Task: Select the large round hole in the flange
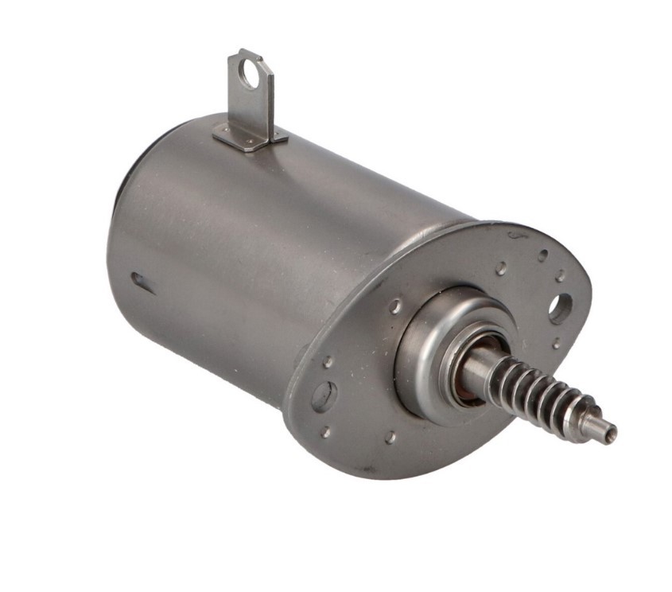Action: [x=560, y=307]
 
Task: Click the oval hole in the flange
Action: [x=323, y=395]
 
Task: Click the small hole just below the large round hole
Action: [x=555, y=344]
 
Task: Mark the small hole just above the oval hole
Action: [x=327, y=362]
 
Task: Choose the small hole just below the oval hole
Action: [x=325, y=431]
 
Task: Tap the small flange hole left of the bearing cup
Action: [x=394, y=306]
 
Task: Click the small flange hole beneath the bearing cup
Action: [x=390, y=437]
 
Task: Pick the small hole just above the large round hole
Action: [x=561, y=275]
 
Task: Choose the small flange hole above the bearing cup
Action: [x=501, y=269]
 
